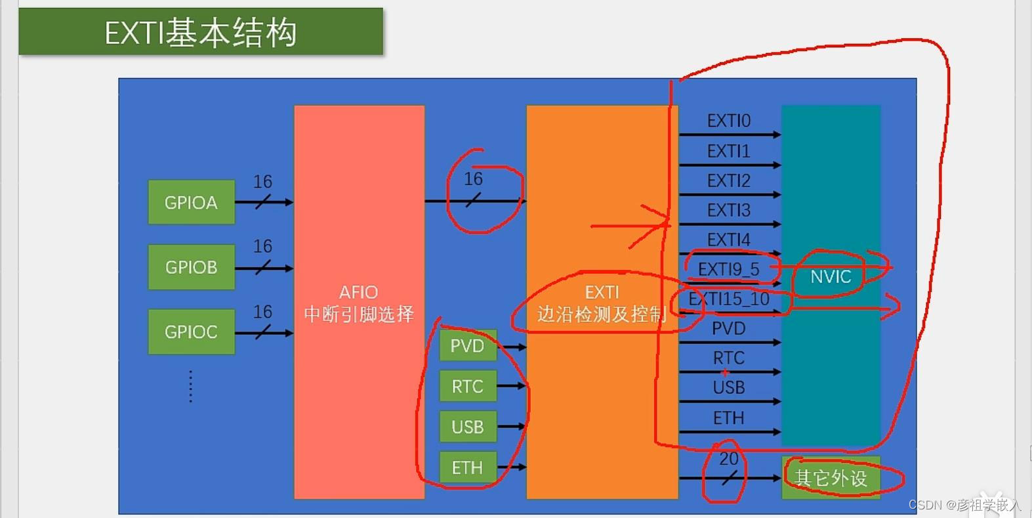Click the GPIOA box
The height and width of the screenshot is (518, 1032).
pyautogui.click(x=191, y=202)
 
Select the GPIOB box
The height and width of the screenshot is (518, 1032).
pyautogui.click(x=191, y=267)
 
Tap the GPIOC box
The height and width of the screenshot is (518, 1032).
pyautogui.click(x=191, y=332)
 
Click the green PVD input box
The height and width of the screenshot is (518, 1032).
pyautogui.click(x=467, y=346)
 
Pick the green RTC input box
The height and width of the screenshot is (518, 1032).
pyautogui.click(x=467, y=386)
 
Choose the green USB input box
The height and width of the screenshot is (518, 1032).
pyautogui.click(x=467, y=427)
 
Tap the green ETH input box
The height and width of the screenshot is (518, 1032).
pyautogui.click(x=467, y=467)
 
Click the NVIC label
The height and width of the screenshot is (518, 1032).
pyautogui.click(x=831, y=276)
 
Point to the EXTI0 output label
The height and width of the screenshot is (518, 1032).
pyautogui.click(x=728, y=121)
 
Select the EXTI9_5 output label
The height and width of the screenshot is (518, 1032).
pyautogui.click(x=728, y=269)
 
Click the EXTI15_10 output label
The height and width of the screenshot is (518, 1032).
pyautogui.click(x=728, y=299)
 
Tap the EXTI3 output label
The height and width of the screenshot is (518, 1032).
pyautogui.click(x=728, y=210)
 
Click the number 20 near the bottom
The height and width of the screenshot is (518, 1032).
pyautogui.click(x=728, y=459)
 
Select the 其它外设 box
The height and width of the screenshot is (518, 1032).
pyautogui.click(x=831, y=478)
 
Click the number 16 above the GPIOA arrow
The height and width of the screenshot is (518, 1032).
pyautogui.click(x=262, y=181)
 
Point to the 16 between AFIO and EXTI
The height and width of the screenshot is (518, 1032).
pyautogui.click(x=473, y=179)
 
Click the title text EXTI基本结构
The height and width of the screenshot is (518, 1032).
pyautogui.click(x=201, y=33)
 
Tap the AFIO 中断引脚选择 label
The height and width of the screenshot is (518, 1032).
pyautogui.click(x=358, y=303)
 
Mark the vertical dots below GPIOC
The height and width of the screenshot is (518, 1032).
pyautogui.click(x=190, y=386)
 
